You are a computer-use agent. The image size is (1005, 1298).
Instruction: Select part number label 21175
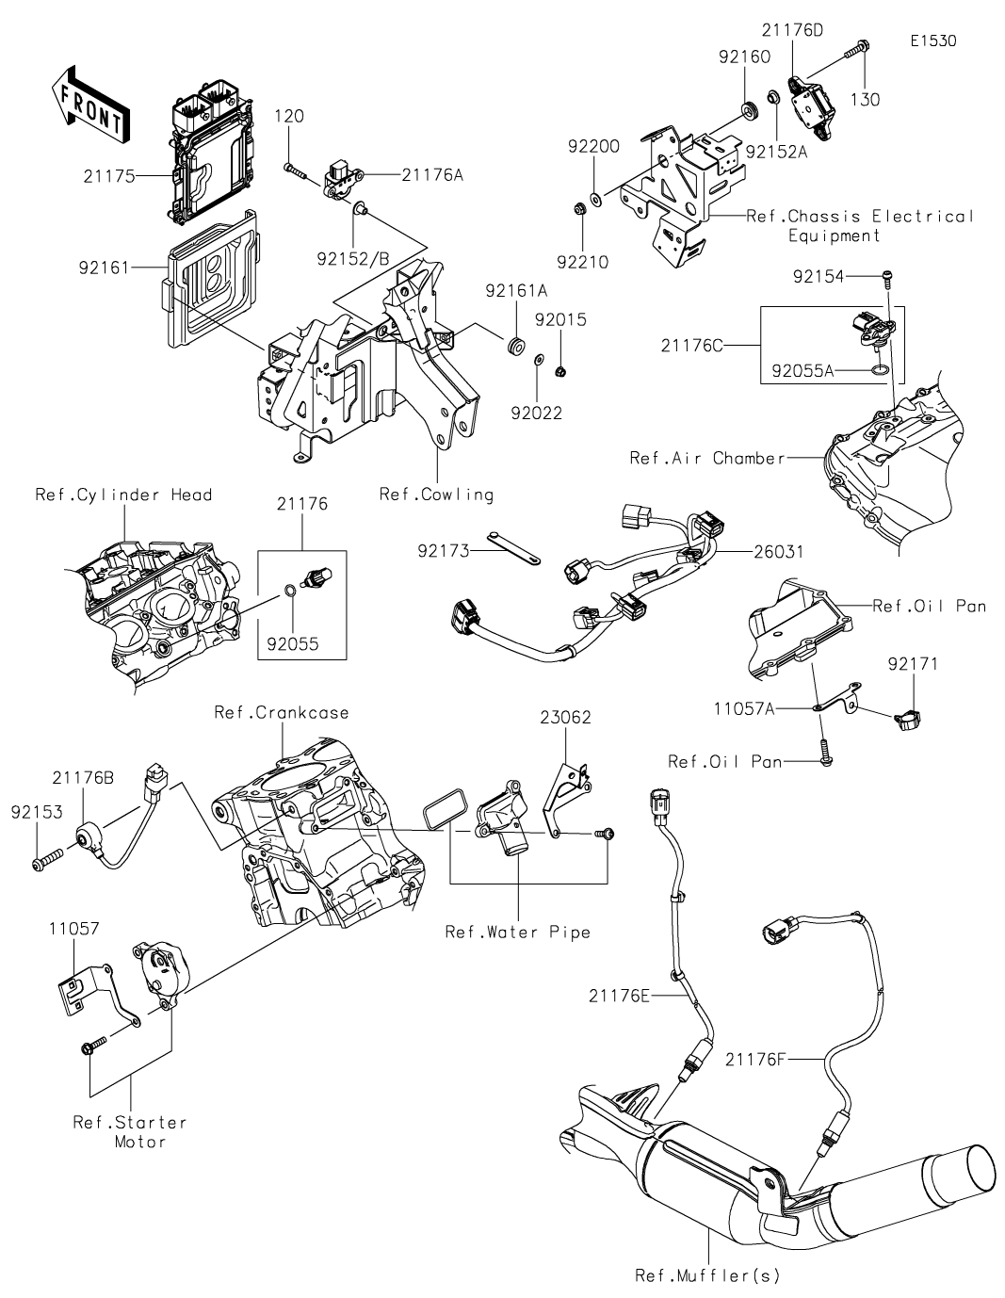tap(109, 176)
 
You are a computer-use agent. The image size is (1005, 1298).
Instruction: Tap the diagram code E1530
tap(933, 41)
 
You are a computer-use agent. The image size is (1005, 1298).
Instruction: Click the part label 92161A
tap(516, 291)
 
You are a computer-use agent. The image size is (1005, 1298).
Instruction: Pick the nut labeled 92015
tap(560, 371)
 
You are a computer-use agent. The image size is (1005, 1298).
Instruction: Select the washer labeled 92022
tap(538, 359)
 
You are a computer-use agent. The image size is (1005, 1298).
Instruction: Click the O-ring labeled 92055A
tap(879, 371)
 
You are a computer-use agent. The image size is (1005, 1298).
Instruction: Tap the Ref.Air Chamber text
tap(707, 458)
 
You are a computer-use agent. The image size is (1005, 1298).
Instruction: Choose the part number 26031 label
tap(779, 552)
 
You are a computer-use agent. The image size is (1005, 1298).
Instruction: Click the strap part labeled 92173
tap(513, 548)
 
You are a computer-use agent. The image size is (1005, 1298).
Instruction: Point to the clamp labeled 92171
tap(908, 720)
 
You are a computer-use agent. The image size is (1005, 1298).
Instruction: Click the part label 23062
tap(565, 718)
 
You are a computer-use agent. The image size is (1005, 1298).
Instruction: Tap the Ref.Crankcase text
tap(282, 713)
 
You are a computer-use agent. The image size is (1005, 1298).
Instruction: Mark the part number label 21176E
tap(619, 996)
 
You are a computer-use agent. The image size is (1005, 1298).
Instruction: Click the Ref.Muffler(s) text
tap(707, 1276)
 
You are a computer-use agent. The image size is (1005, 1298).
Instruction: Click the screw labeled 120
tap(295, 170)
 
